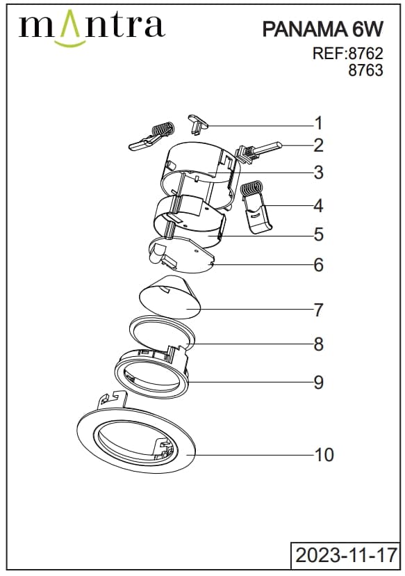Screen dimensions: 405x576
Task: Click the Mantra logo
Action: click(92, 29)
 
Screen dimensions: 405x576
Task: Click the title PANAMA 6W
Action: click(323, 29)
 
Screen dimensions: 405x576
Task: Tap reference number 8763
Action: click(365, 70)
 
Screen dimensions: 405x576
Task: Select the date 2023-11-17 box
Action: click(346, 555)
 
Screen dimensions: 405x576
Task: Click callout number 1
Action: click(318, 123)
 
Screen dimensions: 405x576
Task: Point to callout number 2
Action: click(318, 145)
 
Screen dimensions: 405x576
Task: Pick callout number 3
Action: click(318, 173)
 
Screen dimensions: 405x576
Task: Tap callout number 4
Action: click(318, 206)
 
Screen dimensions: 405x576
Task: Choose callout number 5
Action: click(318, 234)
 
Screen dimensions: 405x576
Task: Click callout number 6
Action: click(318, 265)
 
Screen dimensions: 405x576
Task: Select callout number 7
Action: click(318, 310)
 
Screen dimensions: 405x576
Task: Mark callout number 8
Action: click(318, 344)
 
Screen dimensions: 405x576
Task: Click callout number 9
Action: click(318, 383)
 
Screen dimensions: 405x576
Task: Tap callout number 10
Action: click(324, 455)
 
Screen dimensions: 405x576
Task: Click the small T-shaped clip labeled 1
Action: click(198, 124)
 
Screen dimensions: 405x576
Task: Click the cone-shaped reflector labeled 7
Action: click(170, 298)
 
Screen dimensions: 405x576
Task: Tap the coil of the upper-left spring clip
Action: click(163, 129)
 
